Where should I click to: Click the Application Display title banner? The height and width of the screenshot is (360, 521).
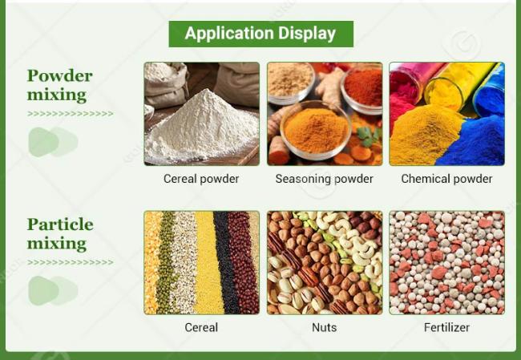click(260, 34)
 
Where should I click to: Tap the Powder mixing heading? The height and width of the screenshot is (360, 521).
click(59, 85)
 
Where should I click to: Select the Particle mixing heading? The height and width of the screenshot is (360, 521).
click(60, 233)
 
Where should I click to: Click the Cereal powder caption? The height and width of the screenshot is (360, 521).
click(201, 179)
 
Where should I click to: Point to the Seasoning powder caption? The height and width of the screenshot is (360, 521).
click(325, 179)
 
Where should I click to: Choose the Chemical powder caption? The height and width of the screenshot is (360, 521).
click(446, 179)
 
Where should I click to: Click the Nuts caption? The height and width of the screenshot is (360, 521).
click(325, 327)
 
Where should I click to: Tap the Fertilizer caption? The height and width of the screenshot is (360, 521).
click(446, 327)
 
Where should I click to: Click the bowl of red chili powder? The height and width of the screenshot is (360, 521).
click(362, 88)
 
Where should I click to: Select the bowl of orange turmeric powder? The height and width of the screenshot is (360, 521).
click(316, 131)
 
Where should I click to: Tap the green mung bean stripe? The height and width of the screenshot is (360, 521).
click(165, 263)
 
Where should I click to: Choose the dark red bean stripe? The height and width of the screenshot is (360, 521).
click(243, 263)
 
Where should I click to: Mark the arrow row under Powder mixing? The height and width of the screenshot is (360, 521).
click(70, 114)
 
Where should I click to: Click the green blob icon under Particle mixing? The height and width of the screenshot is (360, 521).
click(53, 290)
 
